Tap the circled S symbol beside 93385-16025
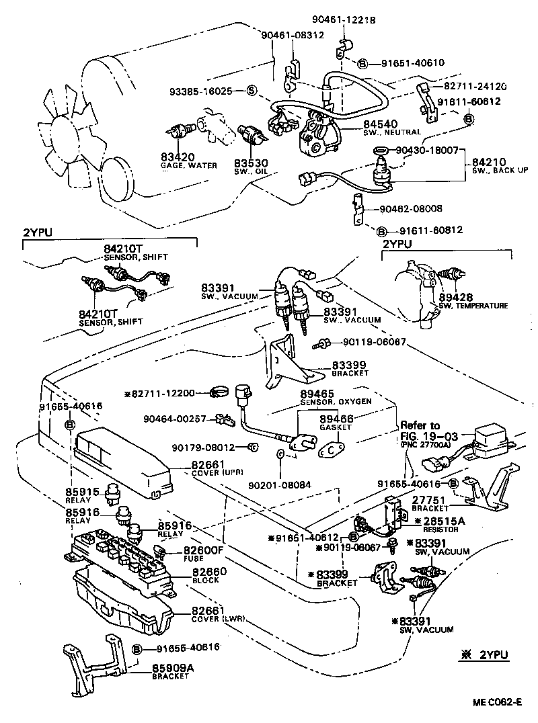[x=251, y=89]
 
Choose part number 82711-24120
[x=475, y=87]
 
